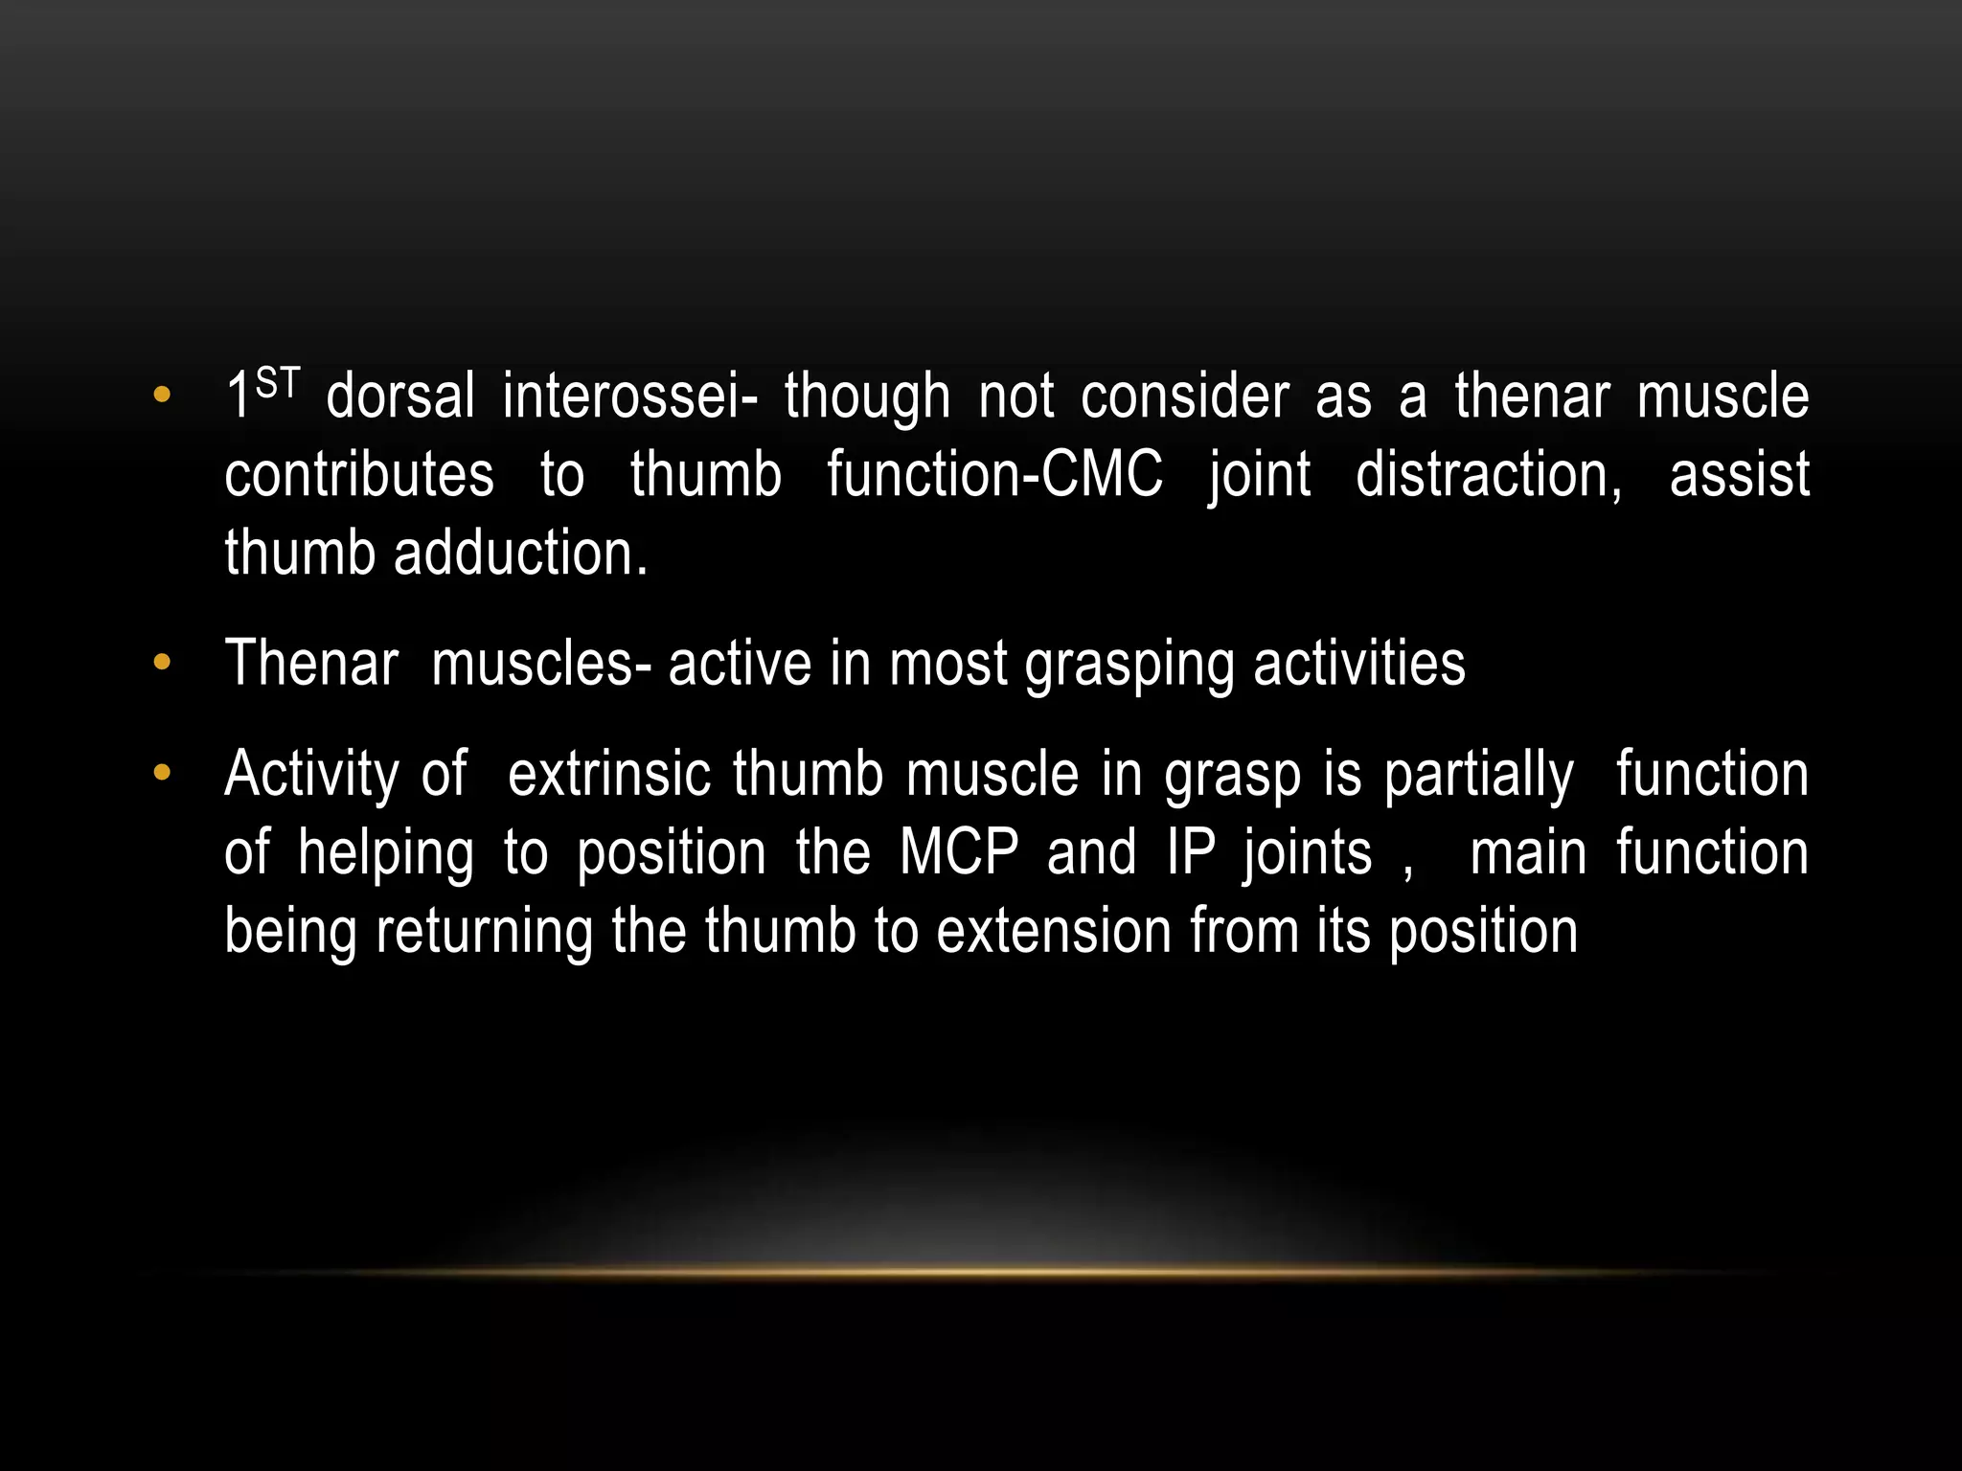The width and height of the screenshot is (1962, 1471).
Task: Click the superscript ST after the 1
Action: [279, 384]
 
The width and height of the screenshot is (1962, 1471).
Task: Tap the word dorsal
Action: [400, 396]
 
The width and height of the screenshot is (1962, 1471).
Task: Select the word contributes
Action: [359, 475]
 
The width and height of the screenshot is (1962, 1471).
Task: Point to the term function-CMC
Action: [994, 475]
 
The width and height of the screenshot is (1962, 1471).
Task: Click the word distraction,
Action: [1489, 475]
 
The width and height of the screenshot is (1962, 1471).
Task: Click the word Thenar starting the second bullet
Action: [310, 663]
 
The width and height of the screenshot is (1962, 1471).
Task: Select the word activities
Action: [1359, 663]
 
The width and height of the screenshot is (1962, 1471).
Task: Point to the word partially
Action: [1478, 776]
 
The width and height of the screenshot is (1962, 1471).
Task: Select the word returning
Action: [484, 933]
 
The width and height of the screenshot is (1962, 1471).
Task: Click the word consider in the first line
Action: [1185, 396]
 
